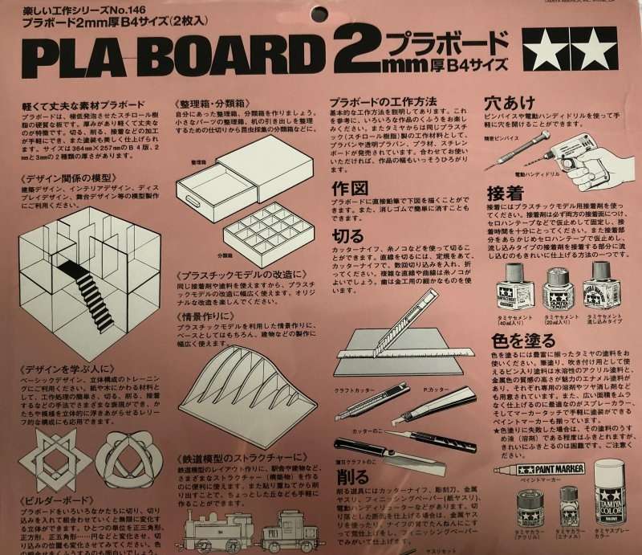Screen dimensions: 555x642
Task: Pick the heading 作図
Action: [x=349, y=187]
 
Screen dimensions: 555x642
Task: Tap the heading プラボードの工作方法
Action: [x=384, y=102]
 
